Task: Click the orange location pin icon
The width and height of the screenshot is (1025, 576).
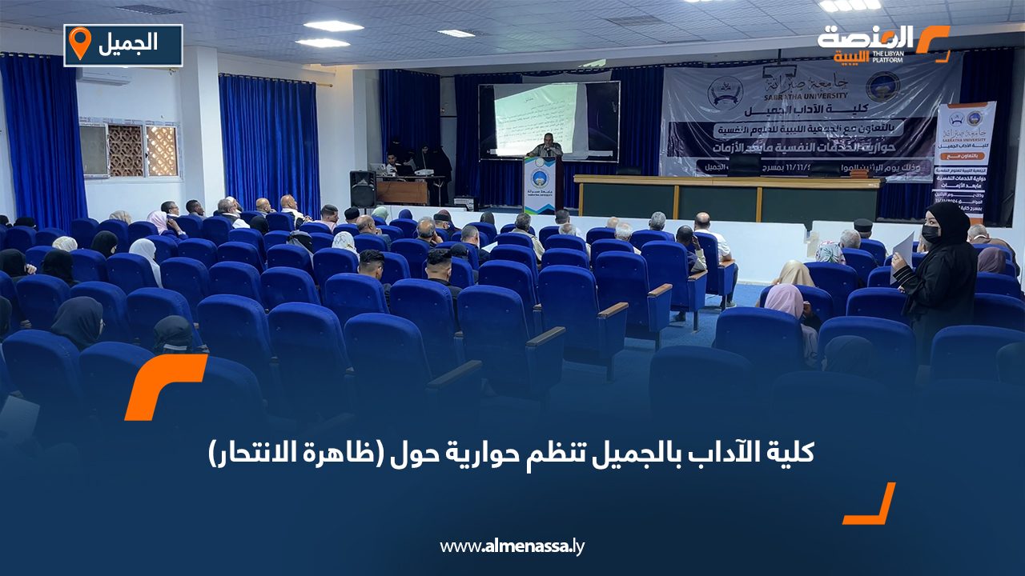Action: point(80,44)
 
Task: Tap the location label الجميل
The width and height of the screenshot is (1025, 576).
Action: point(127,46)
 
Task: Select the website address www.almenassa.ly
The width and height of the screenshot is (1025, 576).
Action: point(512,546)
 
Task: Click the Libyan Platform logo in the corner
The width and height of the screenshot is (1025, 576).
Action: point(882,43)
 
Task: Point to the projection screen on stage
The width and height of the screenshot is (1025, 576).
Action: point(549,120)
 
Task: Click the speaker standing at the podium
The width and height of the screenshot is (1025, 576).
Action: point(545,146)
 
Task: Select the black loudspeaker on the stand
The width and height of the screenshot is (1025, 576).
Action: point(363,189)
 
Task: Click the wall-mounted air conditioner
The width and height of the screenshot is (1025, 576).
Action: point(102,76)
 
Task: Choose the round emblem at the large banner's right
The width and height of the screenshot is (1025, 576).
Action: point(882,86)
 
